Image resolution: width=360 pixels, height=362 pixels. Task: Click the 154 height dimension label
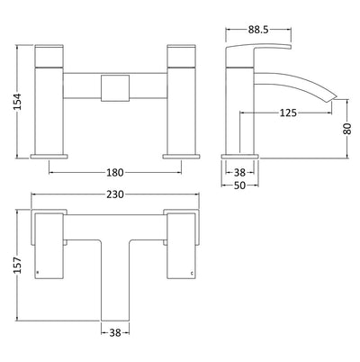tap(18, 102)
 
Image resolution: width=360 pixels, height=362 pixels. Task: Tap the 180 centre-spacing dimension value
tap(115, 173)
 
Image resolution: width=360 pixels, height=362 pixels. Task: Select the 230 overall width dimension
tap(115, 195)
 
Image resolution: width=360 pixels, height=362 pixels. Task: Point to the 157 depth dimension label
tap(18, 265)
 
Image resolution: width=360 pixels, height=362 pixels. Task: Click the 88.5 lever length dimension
tap(258, 30)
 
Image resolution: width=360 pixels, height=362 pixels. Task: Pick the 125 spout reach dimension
tap(288, 113)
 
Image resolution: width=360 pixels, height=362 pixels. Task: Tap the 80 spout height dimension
tap(347, 129)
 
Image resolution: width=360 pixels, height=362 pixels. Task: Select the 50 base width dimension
tap(239, 186)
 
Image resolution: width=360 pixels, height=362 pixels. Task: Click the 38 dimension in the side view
tap(239, 173)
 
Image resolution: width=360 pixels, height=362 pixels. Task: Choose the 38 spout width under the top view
tap(115, 332)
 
